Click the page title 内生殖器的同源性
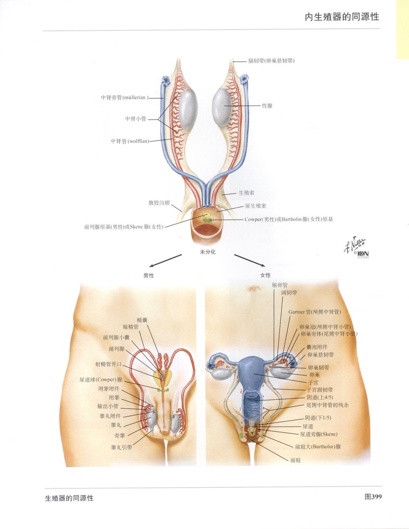[x=342, y=17]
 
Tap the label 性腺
[x=267, y=106]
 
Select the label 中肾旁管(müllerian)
[x=125, y=97]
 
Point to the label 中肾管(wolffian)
[x=130, y=141]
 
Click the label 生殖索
[x=247, y=193]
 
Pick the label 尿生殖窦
[x=256, y=206]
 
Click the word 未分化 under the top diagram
[x=208, y=252]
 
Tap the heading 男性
[x=149, y=276]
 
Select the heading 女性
[x=265, y=275]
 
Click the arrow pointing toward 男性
[x=165, y=261]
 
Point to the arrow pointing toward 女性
[x=249, y=260]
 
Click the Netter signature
[x=354, y=246]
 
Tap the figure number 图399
[x=373, y=497]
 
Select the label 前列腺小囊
[x=116, y=338]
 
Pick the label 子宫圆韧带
[x=320, y=390]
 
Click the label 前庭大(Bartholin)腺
[x=318, y=447]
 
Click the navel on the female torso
[x=253, y=289]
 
